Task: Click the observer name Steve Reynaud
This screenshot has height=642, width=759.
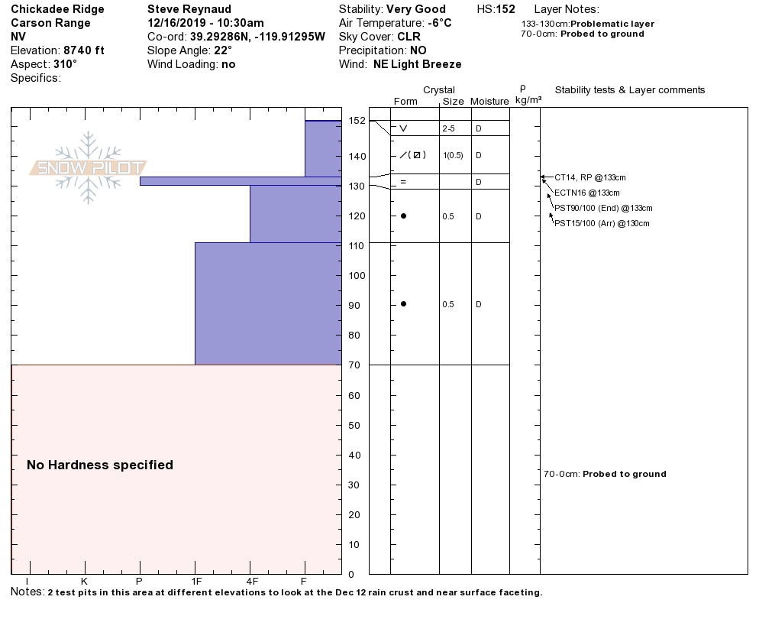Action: click(189, 9)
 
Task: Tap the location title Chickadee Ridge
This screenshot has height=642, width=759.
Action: click(57, 9)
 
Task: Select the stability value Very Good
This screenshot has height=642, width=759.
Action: click(416, 9)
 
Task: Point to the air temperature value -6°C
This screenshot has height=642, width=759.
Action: click(439, 23)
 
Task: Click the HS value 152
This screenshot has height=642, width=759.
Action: click(505, 9)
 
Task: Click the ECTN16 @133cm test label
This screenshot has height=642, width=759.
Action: click(586, 193)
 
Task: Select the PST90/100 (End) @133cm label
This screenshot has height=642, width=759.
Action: click(603, 208)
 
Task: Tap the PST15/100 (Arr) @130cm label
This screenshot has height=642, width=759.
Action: click(602, 223)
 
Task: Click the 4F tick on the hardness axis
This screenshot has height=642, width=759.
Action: click(250, 581)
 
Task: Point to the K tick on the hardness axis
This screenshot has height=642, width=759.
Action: click(84, 581)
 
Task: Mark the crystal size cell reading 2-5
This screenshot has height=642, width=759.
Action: click(448, 128)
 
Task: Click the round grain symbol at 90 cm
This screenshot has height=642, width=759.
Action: click(403, 304)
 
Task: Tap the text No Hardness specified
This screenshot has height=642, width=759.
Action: click(100, 465)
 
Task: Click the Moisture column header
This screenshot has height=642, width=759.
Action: click(489, 101)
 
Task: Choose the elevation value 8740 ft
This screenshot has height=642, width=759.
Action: click(84, 50)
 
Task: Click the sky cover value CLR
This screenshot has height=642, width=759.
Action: click(409, 37)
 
